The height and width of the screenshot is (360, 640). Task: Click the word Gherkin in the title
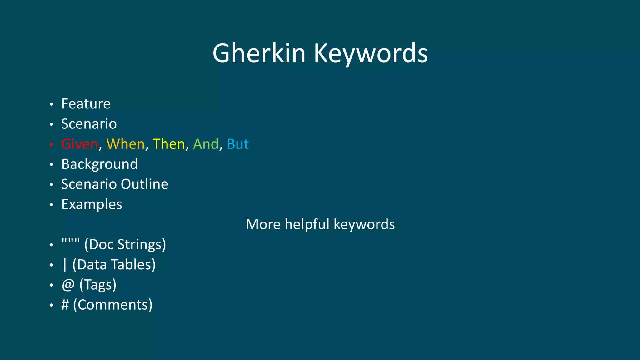coord(259,53)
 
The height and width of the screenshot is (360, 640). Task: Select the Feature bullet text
coord(86,104)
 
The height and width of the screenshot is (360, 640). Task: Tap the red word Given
coord(80,144)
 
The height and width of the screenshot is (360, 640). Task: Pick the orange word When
coord(126,144)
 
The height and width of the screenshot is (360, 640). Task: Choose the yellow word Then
coord(169,144)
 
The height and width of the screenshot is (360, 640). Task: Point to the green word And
coord(206,144)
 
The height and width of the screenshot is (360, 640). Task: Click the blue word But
coord(238,144)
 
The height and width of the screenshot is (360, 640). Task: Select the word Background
coord(99,164)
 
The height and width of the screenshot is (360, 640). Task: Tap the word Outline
coord(144,184)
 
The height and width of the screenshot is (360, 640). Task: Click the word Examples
coord(92,205)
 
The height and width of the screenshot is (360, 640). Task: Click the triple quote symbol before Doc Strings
coord(71,242)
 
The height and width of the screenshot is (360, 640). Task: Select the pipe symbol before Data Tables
coord(65,265)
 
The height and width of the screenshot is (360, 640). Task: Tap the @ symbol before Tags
coord(68,285)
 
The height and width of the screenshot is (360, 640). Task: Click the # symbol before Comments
coord(65,305)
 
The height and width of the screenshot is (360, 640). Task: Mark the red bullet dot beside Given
coord(52,144)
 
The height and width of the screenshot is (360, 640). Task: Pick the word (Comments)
coord(113,305)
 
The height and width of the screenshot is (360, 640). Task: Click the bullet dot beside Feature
coord(52,104)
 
